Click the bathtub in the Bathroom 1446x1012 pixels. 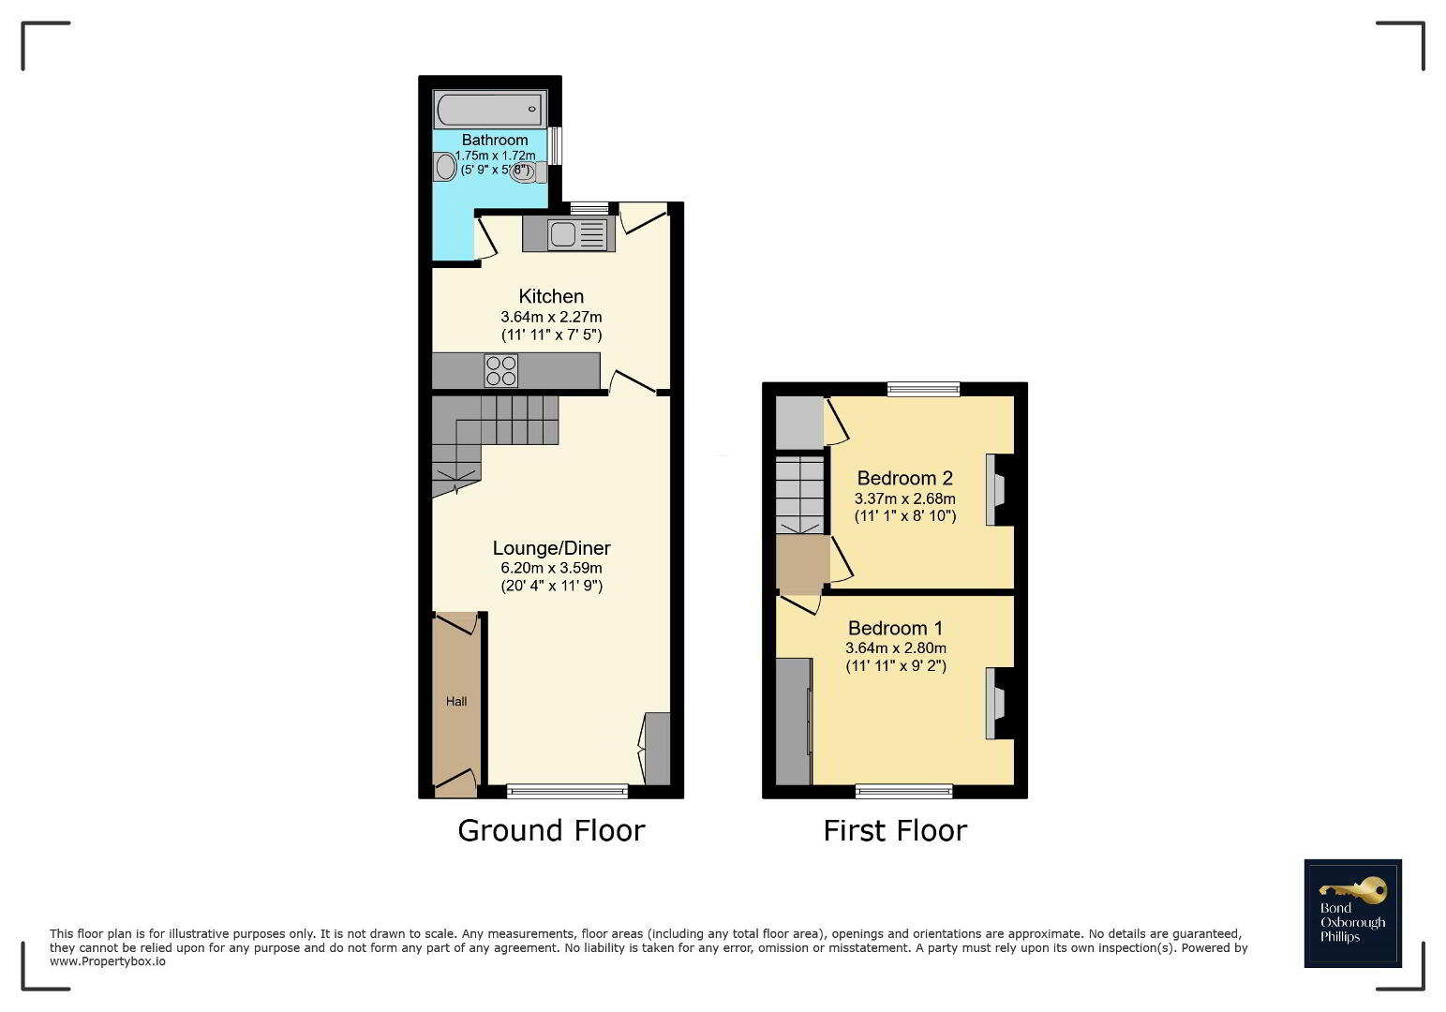tap(490, 109)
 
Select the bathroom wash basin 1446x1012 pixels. tap(444, 167)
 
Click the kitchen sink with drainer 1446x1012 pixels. tap(578, 233)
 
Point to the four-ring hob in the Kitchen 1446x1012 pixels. tap(501, 370)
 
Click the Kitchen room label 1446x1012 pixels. tap(551, 296)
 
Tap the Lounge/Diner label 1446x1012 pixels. tap(551, 548)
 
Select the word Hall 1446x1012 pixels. tap(456, 702)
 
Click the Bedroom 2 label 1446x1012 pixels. tap(905, 478)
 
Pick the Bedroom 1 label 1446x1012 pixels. tap(895, 628)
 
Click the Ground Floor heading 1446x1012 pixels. tap(551, 831)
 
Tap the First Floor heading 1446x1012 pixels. tap(895, 831)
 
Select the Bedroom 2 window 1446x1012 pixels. tap(923, 389)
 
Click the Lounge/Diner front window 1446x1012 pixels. tap(567, 791)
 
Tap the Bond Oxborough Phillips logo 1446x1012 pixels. tap(1353, 914)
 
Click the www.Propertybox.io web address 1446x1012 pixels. tap(108, 961)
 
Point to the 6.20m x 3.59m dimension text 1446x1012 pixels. tap(551, 568)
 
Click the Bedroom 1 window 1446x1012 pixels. tap(903, 791)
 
